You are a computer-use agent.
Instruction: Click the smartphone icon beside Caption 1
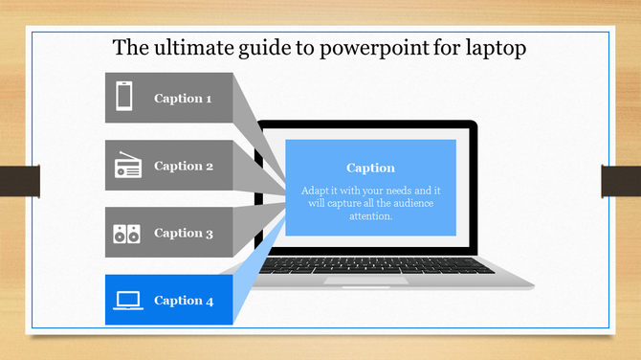pyautogui.click(x=124, y=98)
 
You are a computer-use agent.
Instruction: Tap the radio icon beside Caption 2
pyautogui.click(x=127, y=167)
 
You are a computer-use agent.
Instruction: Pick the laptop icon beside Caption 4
pyautogui.click(x=127, y=301)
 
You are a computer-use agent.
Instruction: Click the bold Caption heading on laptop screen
pyautogui.click(x=370, y=169)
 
